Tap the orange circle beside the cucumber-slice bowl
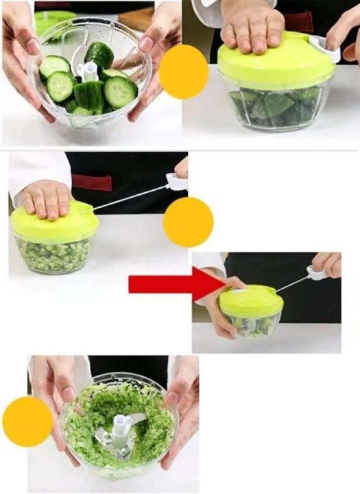point(184,72)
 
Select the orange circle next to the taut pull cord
point(188,222)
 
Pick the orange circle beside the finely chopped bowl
point(27,421)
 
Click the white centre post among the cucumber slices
point(88,71)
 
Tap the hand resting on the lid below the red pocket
point(45,199)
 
